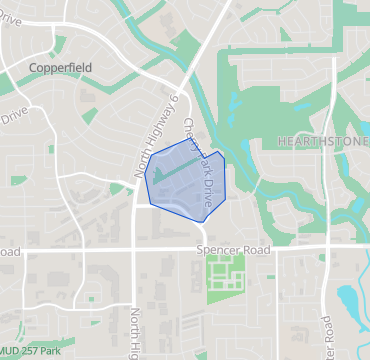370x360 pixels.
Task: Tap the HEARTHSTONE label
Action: coord(322,141)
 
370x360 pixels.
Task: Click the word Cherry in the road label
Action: coord(191,133)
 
